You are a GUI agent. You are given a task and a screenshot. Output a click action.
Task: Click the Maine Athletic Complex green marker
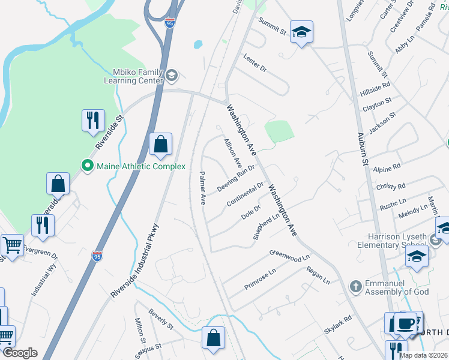coord(87,166)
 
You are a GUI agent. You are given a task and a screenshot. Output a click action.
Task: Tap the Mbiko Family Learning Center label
coord(133,76)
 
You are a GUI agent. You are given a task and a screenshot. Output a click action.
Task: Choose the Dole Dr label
coord(250,212)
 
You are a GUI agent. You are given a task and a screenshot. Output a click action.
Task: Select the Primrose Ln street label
coord(260,279)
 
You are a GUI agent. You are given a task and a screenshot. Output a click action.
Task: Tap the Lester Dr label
coord(255,62)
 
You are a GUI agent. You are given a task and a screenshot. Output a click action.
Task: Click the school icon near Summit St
coord(301,32)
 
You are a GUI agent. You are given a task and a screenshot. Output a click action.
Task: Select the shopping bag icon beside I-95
coord(160,145)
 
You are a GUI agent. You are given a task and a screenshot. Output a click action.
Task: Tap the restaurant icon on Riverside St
coord(93,121)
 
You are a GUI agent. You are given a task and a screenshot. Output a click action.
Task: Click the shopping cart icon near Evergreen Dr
coord(12,245)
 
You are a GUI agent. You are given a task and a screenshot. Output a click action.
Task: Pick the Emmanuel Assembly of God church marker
coord(356,286)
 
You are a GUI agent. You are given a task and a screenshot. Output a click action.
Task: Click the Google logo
coord(20,353)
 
